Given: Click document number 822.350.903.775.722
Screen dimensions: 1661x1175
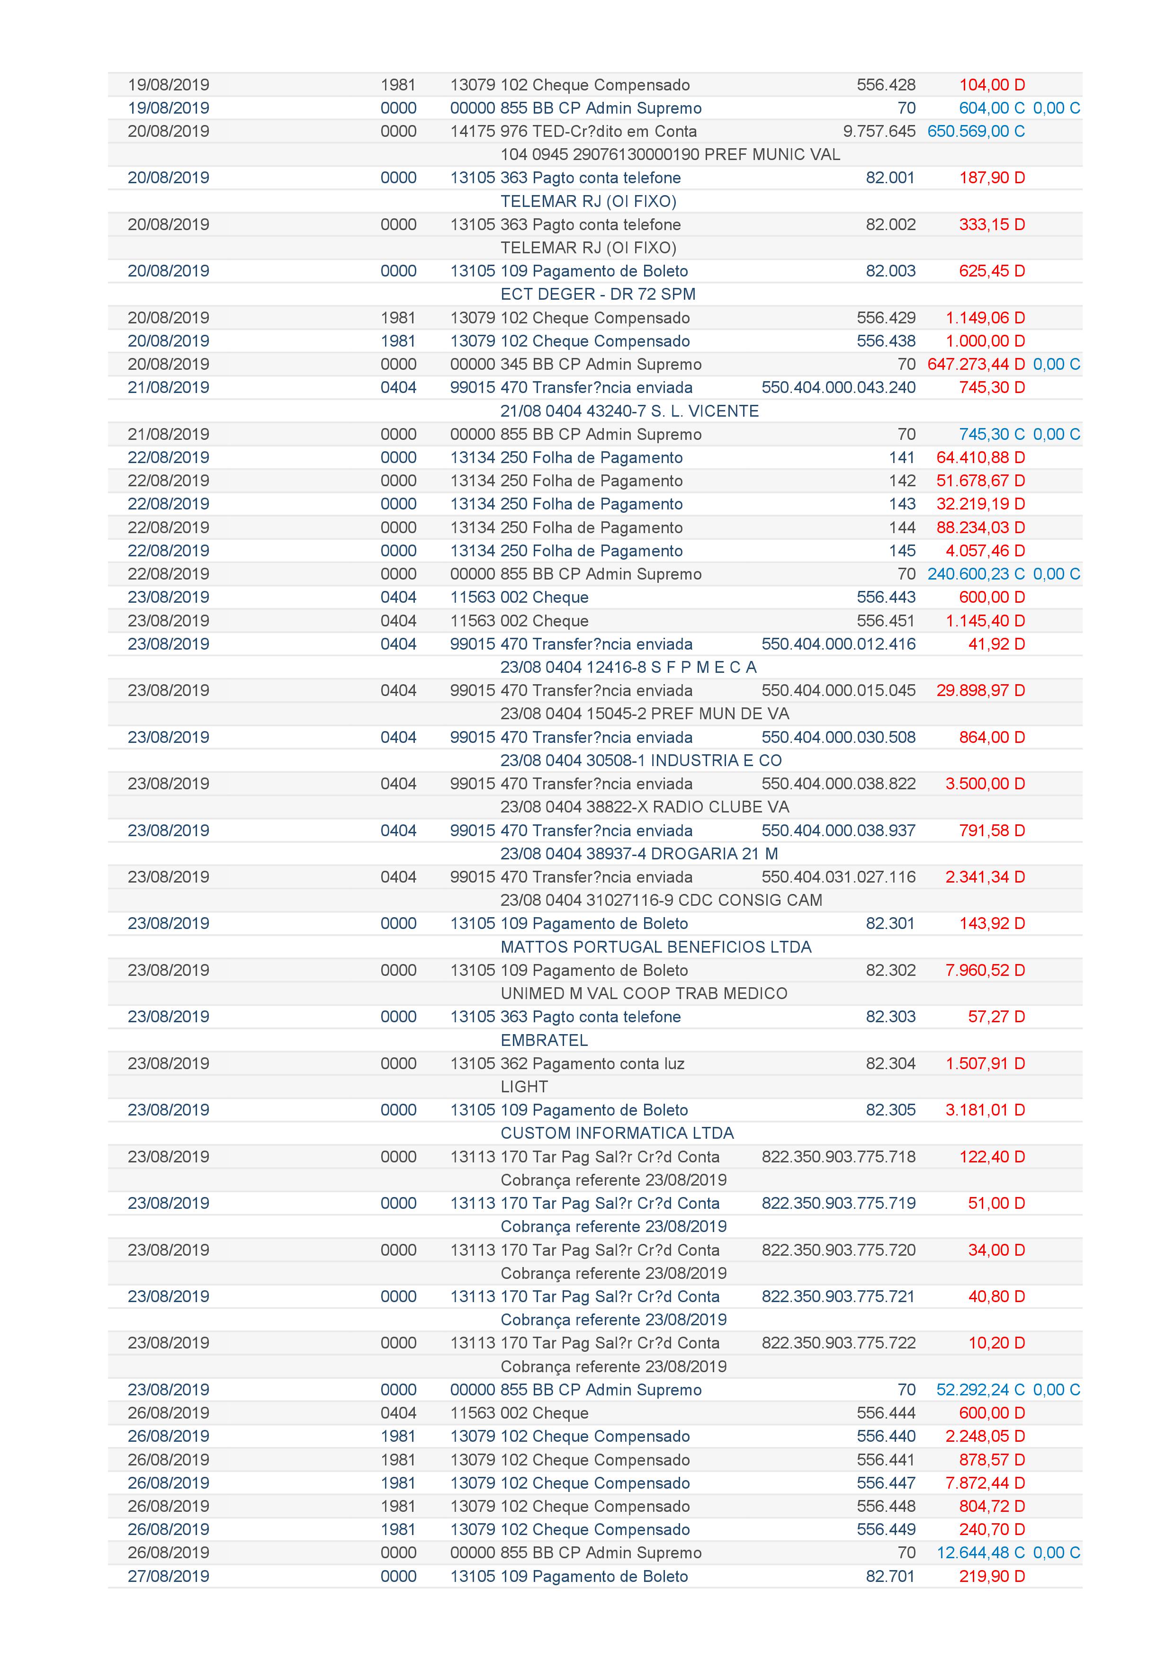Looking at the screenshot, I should pos(839,1343).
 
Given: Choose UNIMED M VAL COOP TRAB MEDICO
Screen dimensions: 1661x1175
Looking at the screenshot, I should pos(644,993).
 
